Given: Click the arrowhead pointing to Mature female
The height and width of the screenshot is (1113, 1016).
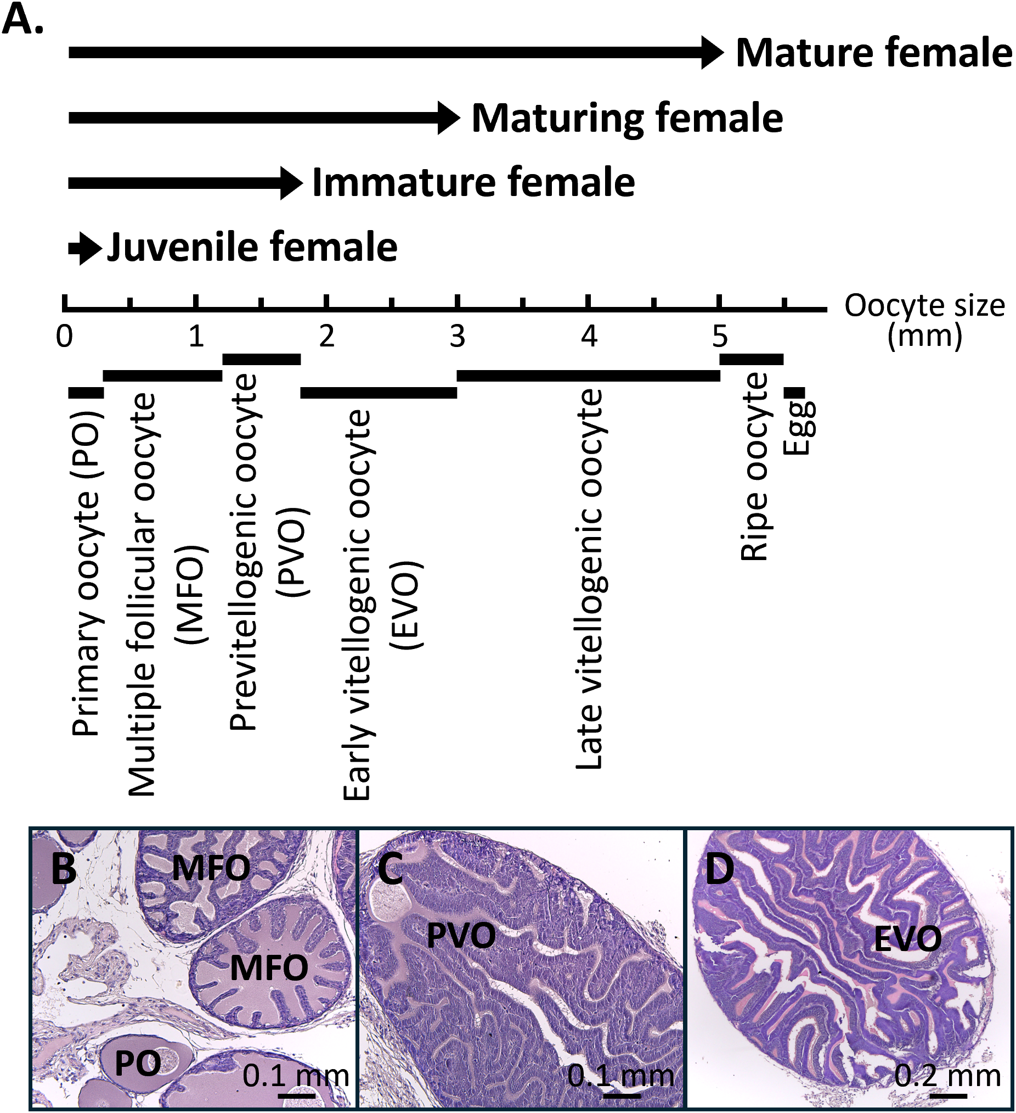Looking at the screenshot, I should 712,53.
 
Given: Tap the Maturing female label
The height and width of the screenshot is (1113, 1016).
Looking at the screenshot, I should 627,118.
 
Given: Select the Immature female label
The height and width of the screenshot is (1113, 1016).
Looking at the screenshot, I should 473,183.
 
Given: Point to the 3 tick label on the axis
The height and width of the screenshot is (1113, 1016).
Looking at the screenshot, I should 458,336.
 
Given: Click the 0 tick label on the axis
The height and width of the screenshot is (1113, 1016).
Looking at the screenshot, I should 65,336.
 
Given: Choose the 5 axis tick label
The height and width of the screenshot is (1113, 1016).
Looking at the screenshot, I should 719,336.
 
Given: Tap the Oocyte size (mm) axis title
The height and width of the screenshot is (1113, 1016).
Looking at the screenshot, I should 924,320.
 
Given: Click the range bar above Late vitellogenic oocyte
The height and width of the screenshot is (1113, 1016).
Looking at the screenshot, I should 588,376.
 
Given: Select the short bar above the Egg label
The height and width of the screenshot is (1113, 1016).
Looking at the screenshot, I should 794,392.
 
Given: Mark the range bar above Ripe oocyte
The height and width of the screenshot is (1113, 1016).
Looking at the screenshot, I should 751,359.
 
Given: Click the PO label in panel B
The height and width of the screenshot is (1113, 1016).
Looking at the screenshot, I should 137,1064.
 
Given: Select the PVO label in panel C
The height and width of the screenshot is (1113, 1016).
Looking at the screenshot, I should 461,936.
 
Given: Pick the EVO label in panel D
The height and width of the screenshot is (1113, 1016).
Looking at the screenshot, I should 908,938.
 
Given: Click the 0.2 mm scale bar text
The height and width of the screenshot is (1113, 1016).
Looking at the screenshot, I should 947,1075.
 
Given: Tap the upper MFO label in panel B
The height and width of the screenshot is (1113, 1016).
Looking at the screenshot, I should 211,868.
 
